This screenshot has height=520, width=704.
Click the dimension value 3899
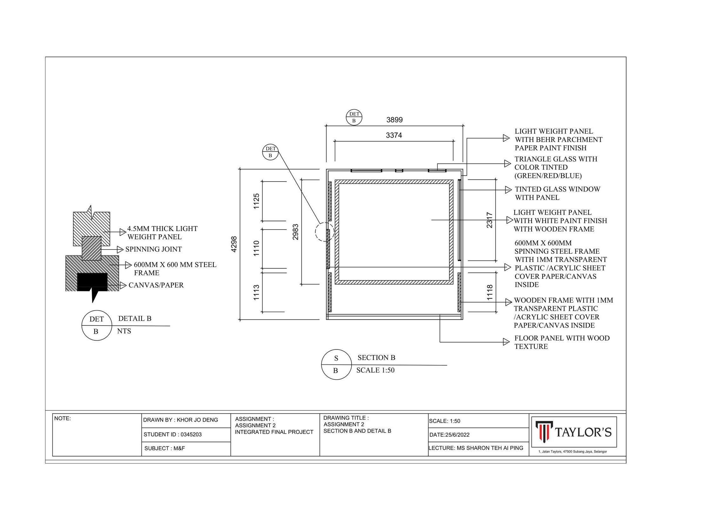pyautogui.click(x=394, y=120)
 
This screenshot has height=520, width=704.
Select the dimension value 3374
pyautogui.click(x=394, y=136)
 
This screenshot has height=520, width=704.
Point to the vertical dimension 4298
pyautogui.click(x=234, y=244)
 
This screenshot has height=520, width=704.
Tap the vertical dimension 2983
pyautogui.click(x=295, y=232)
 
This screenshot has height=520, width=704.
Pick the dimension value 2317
pyautogui.click(x=490, y=220)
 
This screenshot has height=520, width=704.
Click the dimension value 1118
pyautogui.click(x=490, y=293)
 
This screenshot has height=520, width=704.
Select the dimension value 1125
pyautogui.click(x=256, y=201)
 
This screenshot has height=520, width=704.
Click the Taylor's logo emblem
pyautogui.click(x=544, y=432)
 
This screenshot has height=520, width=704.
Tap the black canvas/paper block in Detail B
pyautogui.click(x=92, y=282)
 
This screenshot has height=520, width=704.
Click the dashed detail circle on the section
pyautogui.click(x=325, y=232)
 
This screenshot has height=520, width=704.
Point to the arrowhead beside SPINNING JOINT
pyautogui.click(x=120, y=249)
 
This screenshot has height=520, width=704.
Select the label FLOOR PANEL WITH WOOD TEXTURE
pyautogui.click(x=562, y=342)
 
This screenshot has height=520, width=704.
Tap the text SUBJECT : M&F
pyautogui.click(x=164, y=449)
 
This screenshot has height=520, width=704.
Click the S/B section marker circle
pyautogui.click(x=336, y=364)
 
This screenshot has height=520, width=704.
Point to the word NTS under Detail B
pyautogui.click(x=124, y=331)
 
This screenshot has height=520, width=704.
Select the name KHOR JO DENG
pyautogui.click(x=197, y=420)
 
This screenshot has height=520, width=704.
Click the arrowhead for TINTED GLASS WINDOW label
pyautogui.click(x=508, y=190)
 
